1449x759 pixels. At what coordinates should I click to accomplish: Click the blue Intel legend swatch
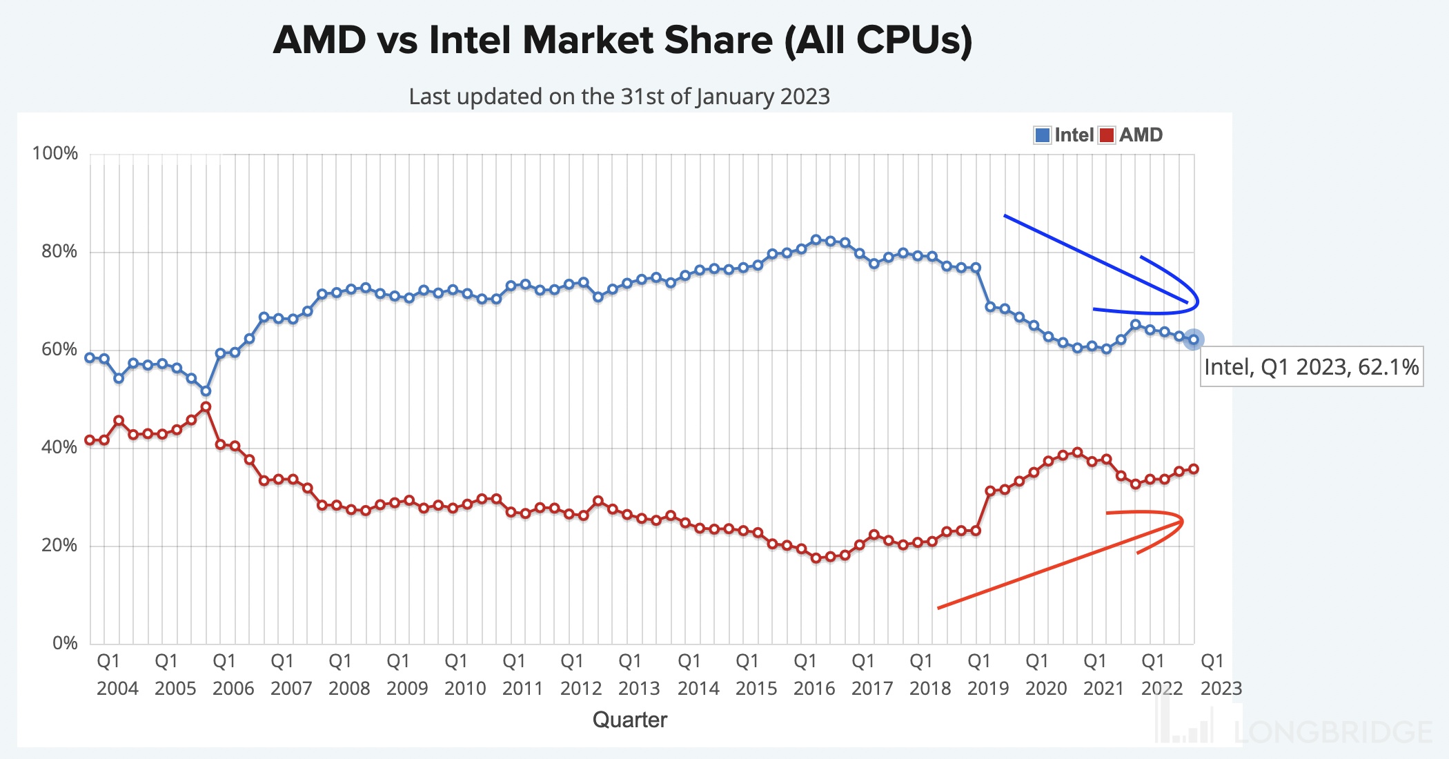1043,135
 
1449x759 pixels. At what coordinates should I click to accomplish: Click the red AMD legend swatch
1107,135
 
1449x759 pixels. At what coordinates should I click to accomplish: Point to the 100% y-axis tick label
55,153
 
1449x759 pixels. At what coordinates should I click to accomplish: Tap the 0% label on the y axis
65,643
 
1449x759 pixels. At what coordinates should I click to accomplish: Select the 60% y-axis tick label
59,349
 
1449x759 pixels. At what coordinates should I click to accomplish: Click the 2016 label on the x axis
814,689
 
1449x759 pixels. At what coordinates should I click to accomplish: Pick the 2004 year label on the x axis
117,689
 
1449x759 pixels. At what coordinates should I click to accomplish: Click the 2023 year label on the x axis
1221,689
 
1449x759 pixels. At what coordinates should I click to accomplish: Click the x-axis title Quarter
629,720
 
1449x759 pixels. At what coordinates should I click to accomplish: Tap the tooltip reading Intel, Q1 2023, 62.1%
1311,366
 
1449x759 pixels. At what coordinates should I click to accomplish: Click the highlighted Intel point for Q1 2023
1194,339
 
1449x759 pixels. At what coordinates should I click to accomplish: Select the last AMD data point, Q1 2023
1194,469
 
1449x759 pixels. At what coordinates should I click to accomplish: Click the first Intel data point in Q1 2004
90,357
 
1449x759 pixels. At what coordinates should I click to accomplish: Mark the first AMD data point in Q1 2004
90,440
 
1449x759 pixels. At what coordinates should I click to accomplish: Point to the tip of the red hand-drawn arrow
1183,521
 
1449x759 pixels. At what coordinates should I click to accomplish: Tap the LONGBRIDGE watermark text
1332,731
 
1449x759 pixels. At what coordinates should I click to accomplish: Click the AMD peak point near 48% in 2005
206,407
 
